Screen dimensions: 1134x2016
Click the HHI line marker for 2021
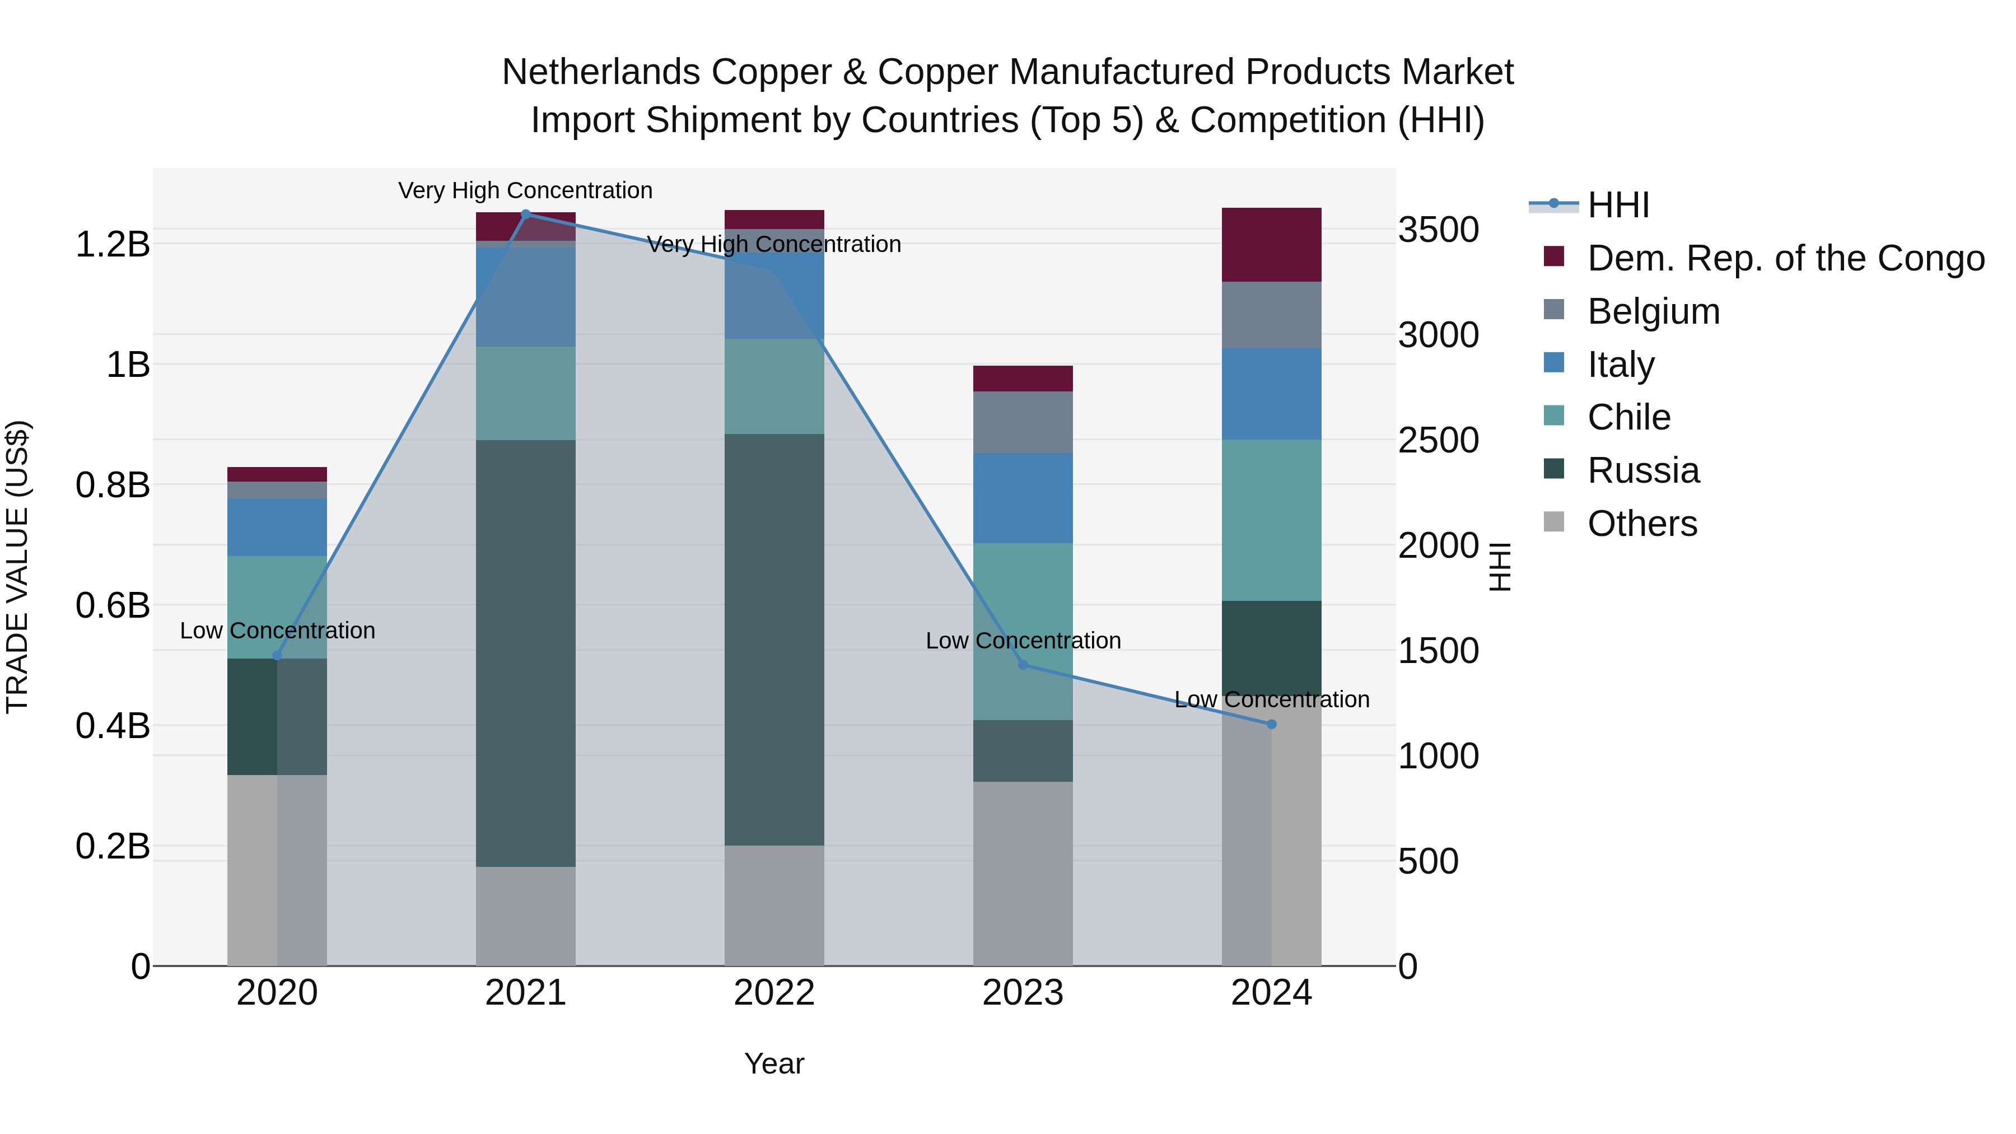click(x=525, y=214)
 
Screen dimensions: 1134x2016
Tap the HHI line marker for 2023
click(x=1023, y=664)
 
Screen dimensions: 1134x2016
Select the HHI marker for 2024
click(x=1271, y=724)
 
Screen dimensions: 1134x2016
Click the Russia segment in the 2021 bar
click(x=525, y=653)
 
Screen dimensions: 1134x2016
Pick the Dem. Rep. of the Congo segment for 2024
click(x=1271, y=244)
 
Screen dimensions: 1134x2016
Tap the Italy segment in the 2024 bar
click(x=1271, y=394)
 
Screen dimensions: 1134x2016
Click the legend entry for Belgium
click(x=1653, y=311)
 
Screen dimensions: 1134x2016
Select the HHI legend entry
click(x=1618, y=205)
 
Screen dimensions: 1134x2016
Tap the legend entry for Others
click(x=1642, y=524)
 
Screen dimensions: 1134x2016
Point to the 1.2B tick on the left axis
click(x=113, y=244)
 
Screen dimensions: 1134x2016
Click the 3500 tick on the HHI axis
click(x=1439, y=230)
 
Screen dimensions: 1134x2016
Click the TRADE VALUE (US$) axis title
click(x=18, y=567)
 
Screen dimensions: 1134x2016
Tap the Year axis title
click(x=774, y=1063)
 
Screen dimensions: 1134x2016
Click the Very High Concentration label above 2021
click(x=525, y=190)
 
